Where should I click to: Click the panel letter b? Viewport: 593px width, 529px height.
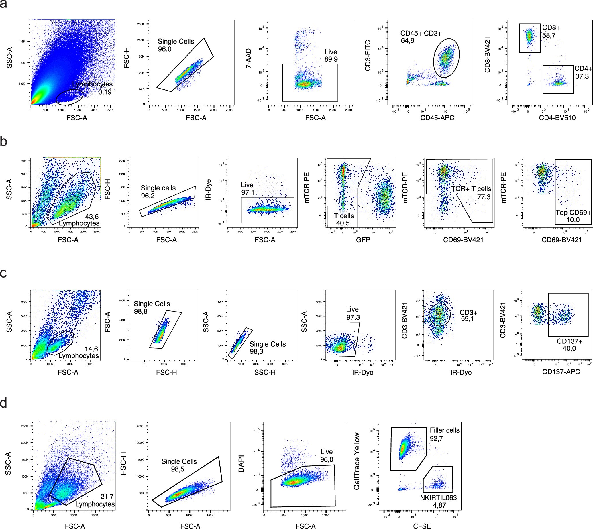(x=4, y=141)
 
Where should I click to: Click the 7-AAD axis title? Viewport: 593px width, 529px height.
(x=249, y=58)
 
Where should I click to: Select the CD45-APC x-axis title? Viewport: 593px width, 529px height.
(x=437, y=118)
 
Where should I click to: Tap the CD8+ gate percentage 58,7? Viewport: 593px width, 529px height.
(x=549, y=36)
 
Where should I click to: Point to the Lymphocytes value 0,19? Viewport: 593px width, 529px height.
(x=105, y=92)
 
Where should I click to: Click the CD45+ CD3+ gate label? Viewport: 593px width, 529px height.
(x=421, y=34)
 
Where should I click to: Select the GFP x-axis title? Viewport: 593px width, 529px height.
(x=363, y=240)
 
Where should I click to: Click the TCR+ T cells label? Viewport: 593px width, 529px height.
(x=471, y=189)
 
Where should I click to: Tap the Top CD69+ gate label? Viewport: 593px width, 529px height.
(x=573, y=213)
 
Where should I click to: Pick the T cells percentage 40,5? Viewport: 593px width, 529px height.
(x=343, y=223)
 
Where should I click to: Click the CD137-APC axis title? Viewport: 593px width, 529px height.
(x=561, y=372)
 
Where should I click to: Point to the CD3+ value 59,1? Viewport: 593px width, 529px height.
(x=467, y=319)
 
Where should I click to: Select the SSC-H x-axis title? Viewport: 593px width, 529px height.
(x=265, y=372)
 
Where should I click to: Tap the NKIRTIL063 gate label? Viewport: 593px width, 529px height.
(x=438, y=498)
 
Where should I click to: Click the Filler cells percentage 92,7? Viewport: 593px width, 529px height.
(x=436, y=438)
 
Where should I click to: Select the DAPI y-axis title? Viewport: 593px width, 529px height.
(x=241, y=464)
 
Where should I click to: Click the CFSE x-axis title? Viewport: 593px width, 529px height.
(x=422, y=526)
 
